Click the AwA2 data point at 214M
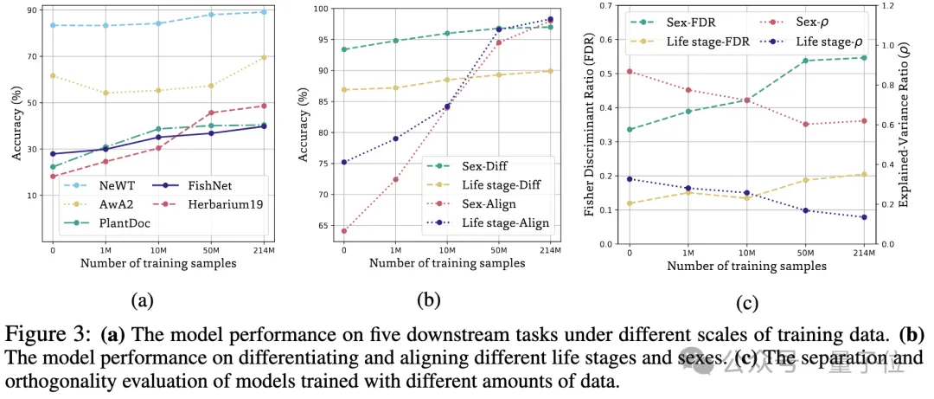tap(263, 57)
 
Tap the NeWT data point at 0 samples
tap(53, 25)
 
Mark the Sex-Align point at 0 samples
tap(344, 231)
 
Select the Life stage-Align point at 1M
tap(396, 138)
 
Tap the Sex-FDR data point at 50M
tap(805, 61)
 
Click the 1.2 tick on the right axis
tap(885, 6)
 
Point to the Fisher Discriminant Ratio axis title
tap(591, 125)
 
